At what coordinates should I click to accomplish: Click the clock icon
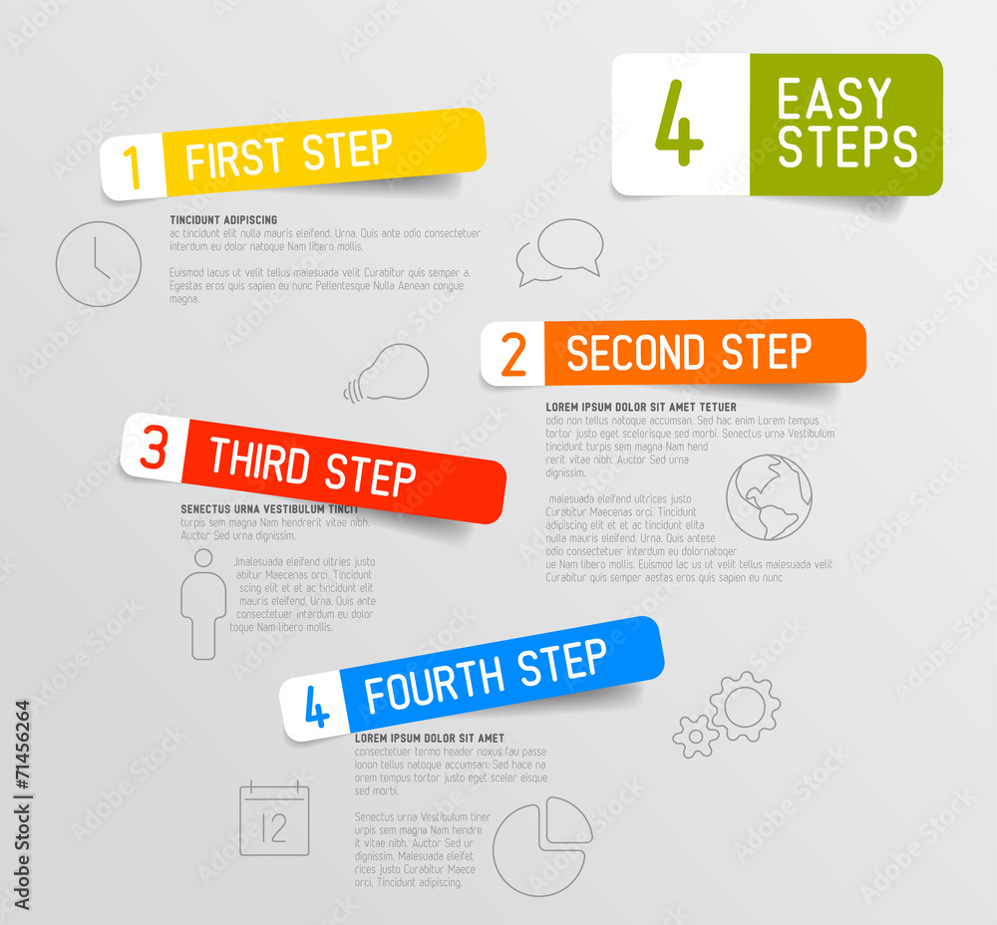[98, 264]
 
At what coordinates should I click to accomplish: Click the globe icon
[768, 497]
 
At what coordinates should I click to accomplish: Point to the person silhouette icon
[203, 604]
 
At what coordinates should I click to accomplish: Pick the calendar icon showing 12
[274, 818]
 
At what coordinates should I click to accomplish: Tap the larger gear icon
[745, 706]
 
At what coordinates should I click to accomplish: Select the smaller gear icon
[695, 736]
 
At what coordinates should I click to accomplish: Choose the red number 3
[154, 449]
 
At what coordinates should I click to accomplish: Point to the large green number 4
[679, 126]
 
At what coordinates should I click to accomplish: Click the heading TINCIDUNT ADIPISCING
[223, 219]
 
